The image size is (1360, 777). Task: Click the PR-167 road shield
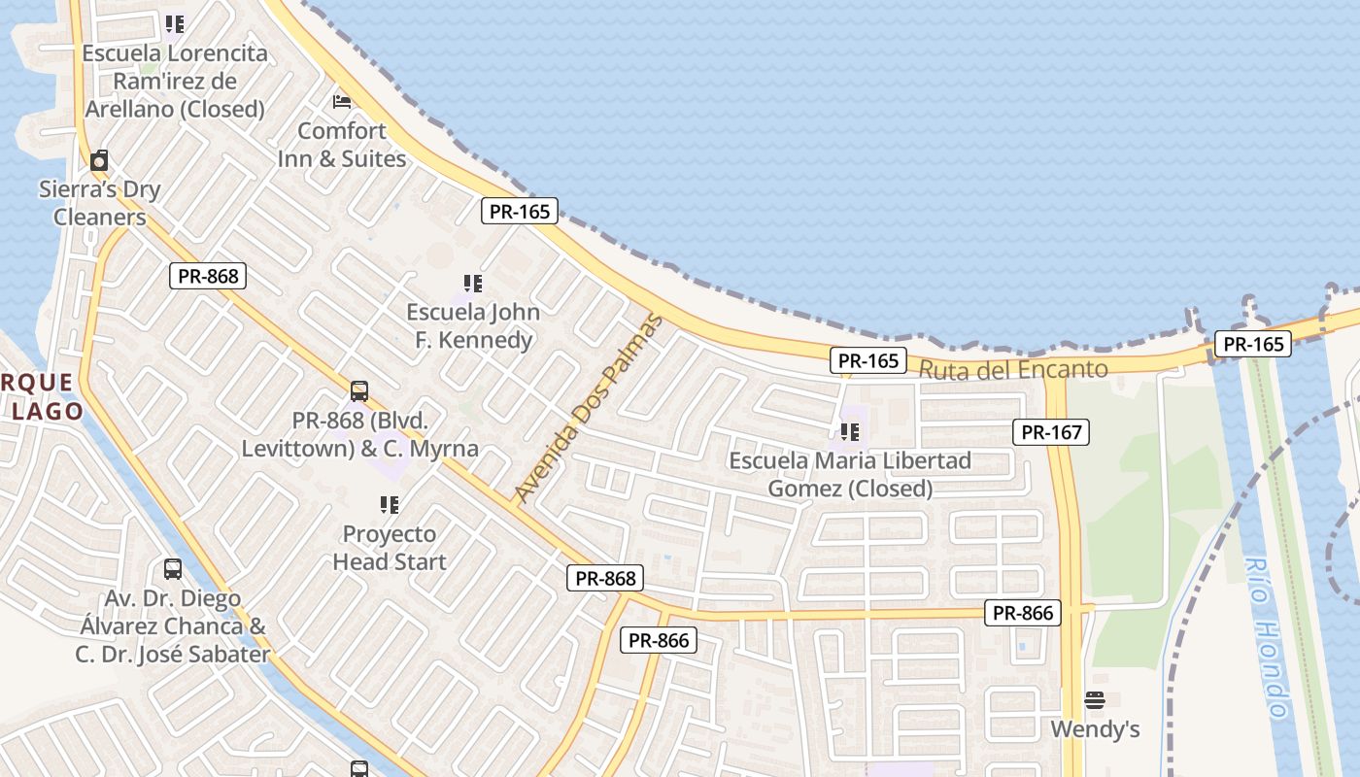(x=1051, y=432)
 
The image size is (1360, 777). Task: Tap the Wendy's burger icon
(x=1095, y=700)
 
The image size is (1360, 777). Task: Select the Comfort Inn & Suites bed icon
(x=342, y=101)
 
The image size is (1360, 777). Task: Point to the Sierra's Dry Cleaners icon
(x=99, y=160)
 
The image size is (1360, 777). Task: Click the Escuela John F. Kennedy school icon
(x=473, y=284)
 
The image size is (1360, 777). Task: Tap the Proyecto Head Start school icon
(x=390, y=505)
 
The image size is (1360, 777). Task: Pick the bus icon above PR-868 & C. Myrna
(x=359, y=391)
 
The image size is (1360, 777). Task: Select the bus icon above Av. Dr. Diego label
(x=173, y=569)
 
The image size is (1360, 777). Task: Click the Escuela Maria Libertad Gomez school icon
(x=850, y=431)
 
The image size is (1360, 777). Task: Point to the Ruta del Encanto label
(x=1012, y=370)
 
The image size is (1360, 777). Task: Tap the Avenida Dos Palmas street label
(x=587, y=409)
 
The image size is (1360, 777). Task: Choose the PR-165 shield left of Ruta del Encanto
(x=868, y=361)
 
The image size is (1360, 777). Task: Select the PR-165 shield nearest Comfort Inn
(x=520, y=211)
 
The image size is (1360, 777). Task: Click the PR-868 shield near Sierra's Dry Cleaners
(x=208, y=276)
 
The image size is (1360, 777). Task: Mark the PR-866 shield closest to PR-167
(x=1023, y=613)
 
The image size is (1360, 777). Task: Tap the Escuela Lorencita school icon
(x=174, y=23)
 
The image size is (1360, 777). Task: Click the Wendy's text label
(x=1095, y=729)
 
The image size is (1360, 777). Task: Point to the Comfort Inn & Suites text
(x=342, y=145)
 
